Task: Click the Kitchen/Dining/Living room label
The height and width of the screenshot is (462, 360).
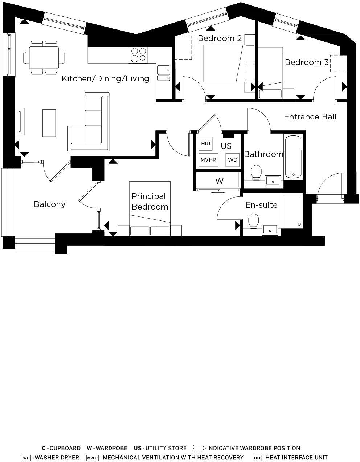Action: [x=105, y=78]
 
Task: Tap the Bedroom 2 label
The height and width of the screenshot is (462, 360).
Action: [x=220, y=38]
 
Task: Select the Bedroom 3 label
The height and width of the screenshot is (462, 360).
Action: [x=307, y=62]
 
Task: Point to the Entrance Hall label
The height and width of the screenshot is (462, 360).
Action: [x=310, y=117]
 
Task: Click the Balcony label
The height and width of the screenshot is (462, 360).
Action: [x=50, y=204]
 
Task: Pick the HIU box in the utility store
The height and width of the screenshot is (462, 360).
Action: [x=205, y=144]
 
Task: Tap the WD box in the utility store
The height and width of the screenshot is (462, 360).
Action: [x=233, y=160]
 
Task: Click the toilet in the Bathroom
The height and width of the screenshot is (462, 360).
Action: [x=257, y=173]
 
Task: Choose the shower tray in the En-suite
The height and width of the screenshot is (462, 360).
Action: [x=292, y=211]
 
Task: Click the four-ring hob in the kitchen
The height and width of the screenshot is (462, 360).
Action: [x=138, y=54]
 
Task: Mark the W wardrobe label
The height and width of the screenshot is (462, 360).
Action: [x=219, y=181]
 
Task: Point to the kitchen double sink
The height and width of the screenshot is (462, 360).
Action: [x=164, y=73]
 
